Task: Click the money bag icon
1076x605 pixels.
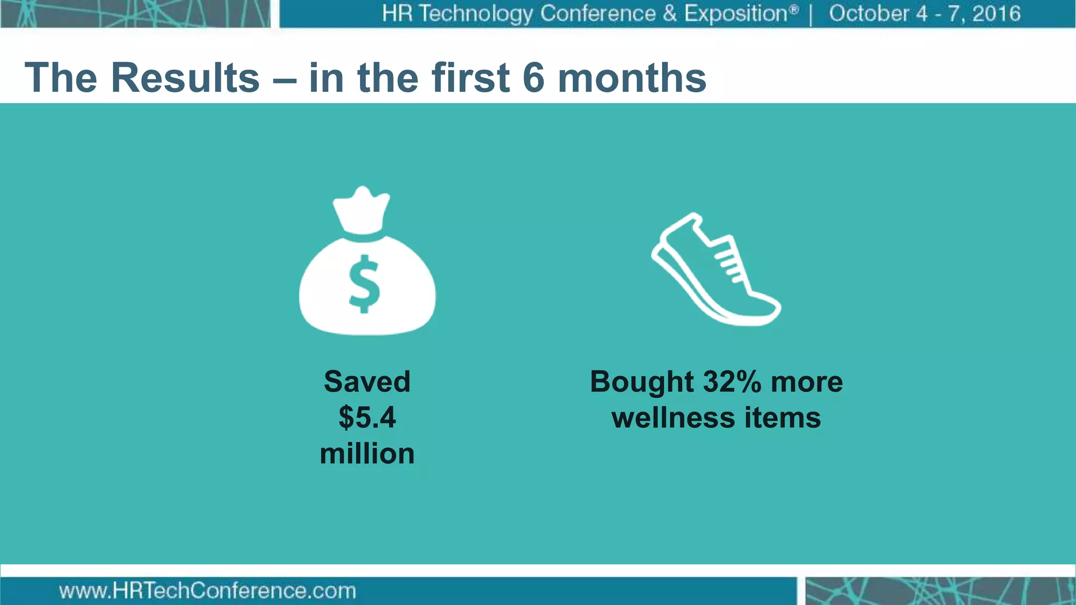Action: click(x=367, y=273)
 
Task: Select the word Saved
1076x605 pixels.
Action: click(x=367, y=381)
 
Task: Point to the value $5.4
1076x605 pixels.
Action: click(x=367, y=418)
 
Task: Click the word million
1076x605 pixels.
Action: click(x=367, y=454)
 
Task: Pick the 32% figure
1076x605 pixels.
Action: click(x=732, y=381)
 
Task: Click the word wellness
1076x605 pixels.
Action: click(x=673, y=418)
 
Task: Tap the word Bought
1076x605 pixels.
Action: click(x=642, y=382)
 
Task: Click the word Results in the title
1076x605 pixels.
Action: click(x=185, y=78)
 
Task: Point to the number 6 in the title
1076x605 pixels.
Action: click(x=533, y=78)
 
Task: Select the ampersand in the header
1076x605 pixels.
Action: click(x=669, y=14)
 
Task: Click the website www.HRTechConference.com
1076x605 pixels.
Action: click(x=208, y=591)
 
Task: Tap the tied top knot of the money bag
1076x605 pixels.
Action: click(x=361, y=210)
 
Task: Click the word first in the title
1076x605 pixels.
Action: click(x=471, y=78)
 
